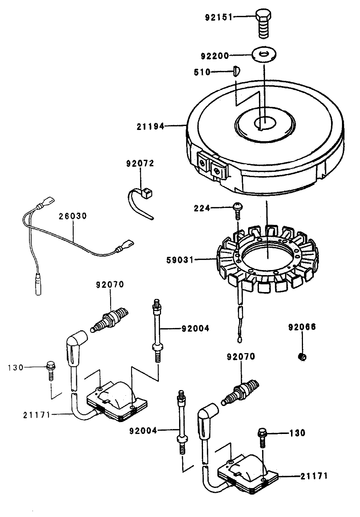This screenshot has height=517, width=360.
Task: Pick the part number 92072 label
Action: pyautogui.click(x=140, y=164)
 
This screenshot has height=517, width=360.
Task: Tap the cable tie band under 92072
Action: pyautogui.click(x=139, y=204)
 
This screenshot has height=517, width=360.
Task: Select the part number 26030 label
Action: pyautogui.click(x=73, y=216)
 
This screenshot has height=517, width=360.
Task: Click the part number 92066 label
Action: pyautogui.click(x=302, y=327)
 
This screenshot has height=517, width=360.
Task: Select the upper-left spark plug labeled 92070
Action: pyautogui.click(x=110, y=319)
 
